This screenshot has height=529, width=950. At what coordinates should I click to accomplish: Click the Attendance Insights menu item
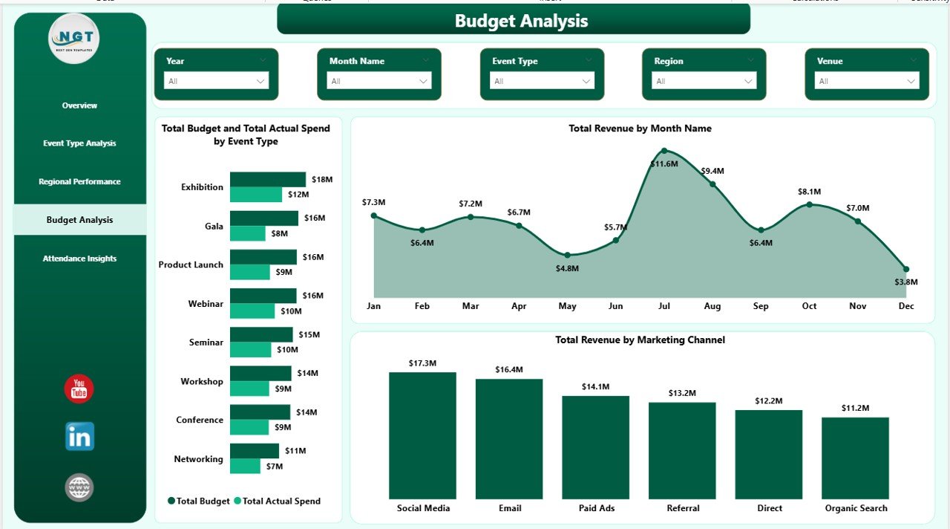click(x=79, y=259)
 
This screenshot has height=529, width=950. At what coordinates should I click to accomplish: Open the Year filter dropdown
click(x=216, y=81)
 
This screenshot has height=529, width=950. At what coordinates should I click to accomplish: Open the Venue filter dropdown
click(x=866, y=81)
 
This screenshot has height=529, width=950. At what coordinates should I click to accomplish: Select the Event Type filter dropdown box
click(x=542, y=81)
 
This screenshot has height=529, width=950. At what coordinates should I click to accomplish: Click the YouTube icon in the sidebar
click(x=79, y=389)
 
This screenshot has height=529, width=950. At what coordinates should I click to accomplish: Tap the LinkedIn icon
click(x=79, y=437)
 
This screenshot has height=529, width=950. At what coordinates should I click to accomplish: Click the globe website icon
click(x=79, y=487)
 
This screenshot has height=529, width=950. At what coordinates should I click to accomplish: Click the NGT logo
click(x=74, y=39)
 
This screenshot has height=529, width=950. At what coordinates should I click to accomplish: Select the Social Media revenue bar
click(x=423, y=435)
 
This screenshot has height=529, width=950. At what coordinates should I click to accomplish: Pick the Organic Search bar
click(x=856, y=458)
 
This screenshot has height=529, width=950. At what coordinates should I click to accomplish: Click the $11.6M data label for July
click(x=664, y=163)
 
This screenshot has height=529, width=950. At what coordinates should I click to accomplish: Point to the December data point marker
click(x=906, y=269)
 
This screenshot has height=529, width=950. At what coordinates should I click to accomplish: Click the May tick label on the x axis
click(x=567, y=306)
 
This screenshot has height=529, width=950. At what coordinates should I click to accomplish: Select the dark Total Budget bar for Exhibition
click(x=267, y=179)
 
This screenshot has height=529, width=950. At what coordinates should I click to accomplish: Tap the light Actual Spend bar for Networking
click(x=245, y=466)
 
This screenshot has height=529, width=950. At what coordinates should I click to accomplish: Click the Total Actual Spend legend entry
click(x=278, y=501)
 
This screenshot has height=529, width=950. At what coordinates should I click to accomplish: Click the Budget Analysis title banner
click(x=514, y=20)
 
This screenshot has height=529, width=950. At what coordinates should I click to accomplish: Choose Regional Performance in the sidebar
click(x=79, y=181)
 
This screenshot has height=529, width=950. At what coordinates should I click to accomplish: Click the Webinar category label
click(x=206, y=303)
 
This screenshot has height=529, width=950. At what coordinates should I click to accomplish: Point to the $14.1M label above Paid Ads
click(x=595, y=386)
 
